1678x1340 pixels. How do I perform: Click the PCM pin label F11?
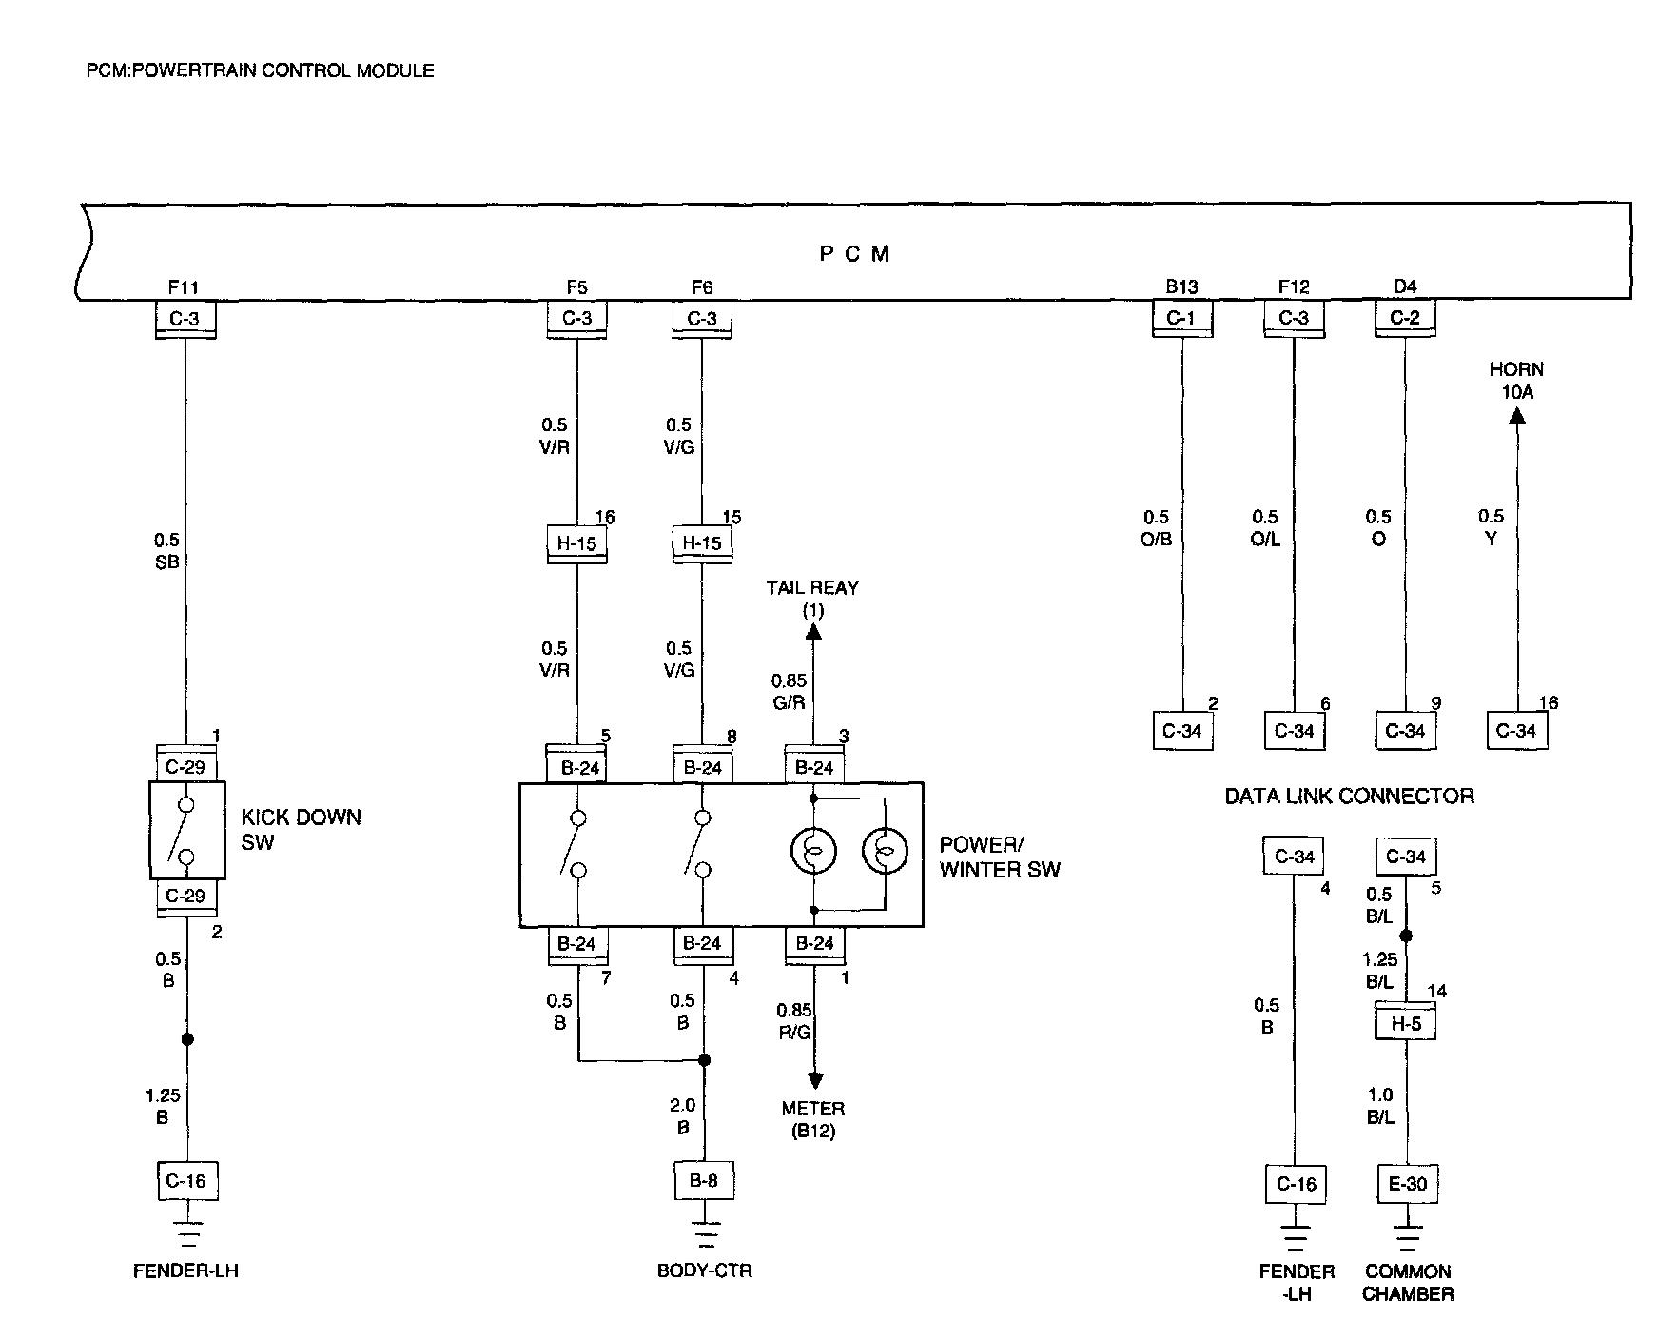click(x=184, y=286)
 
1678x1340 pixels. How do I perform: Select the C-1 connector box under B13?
click(x=1181, y=319)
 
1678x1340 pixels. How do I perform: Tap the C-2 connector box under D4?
click(x=1405, y=319)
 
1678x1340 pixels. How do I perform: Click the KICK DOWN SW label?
click(x=301, y=829)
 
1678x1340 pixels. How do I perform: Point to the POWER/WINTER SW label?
click(x=999, y=857)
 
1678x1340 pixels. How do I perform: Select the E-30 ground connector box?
click(x=1408, y=1184)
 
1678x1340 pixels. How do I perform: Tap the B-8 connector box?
click(x=704, y=1181)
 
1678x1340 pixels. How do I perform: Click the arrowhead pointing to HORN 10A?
click(x=1517, y=415)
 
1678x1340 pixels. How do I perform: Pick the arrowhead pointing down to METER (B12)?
click(x=815, y=1080)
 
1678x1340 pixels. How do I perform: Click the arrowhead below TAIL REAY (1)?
click(x=814, y=630)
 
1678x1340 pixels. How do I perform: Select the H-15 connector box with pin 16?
click(x=577, y=544)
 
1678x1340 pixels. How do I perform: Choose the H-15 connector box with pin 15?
click(x=702, y=544)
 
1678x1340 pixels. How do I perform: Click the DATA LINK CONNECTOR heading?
click(x=1349, y=797)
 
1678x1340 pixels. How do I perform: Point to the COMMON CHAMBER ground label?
click(x=1408, y=1283)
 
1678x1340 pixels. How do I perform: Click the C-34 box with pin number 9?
click(x=1406, y=731)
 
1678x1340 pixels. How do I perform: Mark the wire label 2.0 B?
click(x=683, y=1116)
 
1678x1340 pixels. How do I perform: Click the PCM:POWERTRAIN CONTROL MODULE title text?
click(x=260, y=70)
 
